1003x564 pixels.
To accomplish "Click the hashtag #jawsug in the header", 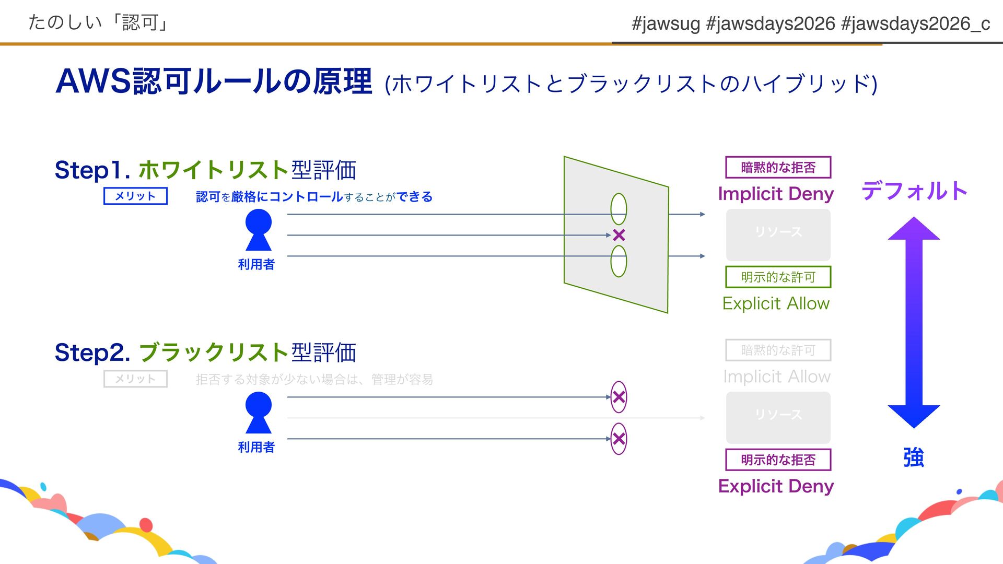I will pos(666,23).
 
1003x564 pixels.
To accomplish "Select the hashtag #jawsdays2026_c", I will pos(916,23).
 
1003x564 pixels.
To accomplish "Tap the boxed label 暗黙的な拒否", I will pos(778,168).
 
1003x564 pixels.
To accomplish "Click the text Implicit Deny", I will pos(776,194).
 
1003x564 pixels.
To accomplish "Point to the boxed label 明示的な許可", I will pos(778,277).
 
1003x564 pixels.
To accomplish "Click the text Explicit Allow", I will pos(776,303).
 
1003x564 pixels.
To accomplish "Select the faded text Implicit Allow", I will pos(776,377).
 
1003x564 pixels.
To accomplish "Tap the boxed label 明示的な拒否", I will pos(778,460).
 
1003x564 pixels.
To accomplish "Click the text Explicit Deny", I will pos(776,486).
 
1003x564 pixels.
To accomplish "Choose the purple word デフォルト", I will pos(914,191).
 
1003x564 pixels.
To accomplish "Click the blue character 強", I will pos(914,457).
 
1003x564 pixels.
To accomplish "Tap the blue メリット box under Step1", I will pos(135,196).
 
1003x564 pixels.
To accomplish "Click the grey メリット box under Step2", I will pos(135,379).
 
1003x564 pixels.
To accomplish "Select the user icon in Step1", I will pos(258,230).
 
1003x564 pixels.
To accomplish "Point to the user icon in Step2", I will pos(258,413).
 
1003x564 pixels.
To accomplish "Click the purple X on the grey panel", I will pos(619,235).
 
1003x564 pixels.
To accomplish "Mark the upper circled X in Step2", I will pos(619,397).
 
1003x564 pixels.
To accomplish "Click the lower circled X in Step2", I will pos(619,439).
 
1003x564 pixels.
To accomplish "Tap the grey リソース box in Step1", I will pos(778,235).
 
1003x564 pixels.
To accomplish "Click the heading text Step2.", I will pos(92,352).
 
